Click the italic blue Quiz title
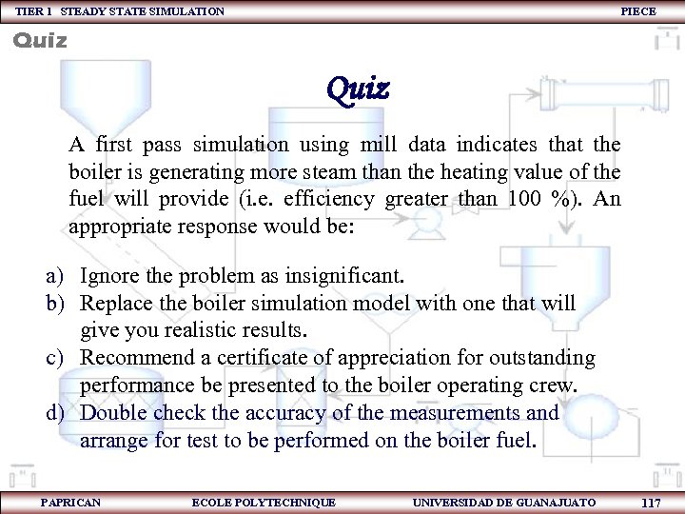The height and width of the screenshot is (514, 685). click(x=357, y=89)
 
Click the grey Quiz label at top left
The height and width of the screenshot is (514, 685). click(x=39, y=41)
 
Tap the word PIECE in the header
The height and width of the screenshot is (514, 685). click(x=637, y=11)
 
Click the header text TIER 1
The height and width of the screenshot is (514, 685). click(x=33, y=11)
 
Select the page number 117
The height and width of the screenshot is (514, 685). click(x=652, y=503)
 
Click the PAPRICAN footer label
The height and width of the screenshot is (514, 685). click(x=71, y=502)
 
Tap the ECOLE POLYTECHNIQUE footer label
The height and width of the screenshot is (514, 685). click(x=264, y=502)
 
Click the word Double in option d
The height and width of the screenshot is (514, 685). click(x=114, y=413)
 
